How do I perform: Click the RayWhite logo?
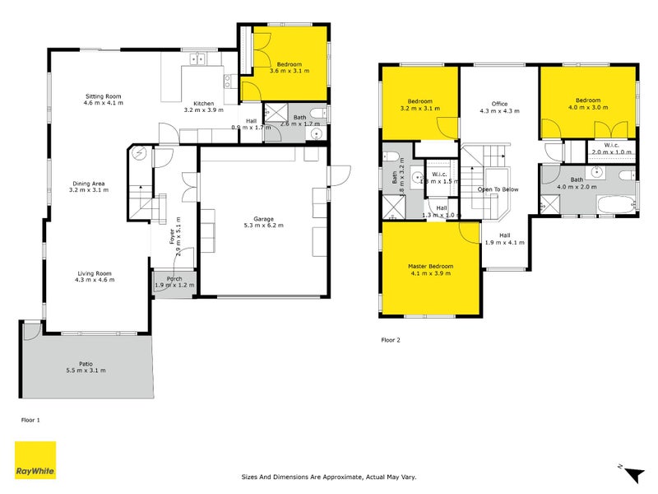tap(35, 460)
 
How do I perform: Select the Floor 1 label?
tap(30, 420)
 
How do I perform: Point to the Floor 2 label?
tap(391, 339)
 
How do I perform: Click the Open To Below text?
tap(498, 189)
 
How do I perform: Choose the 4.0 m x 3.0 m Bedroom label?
tap(588, 103)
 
